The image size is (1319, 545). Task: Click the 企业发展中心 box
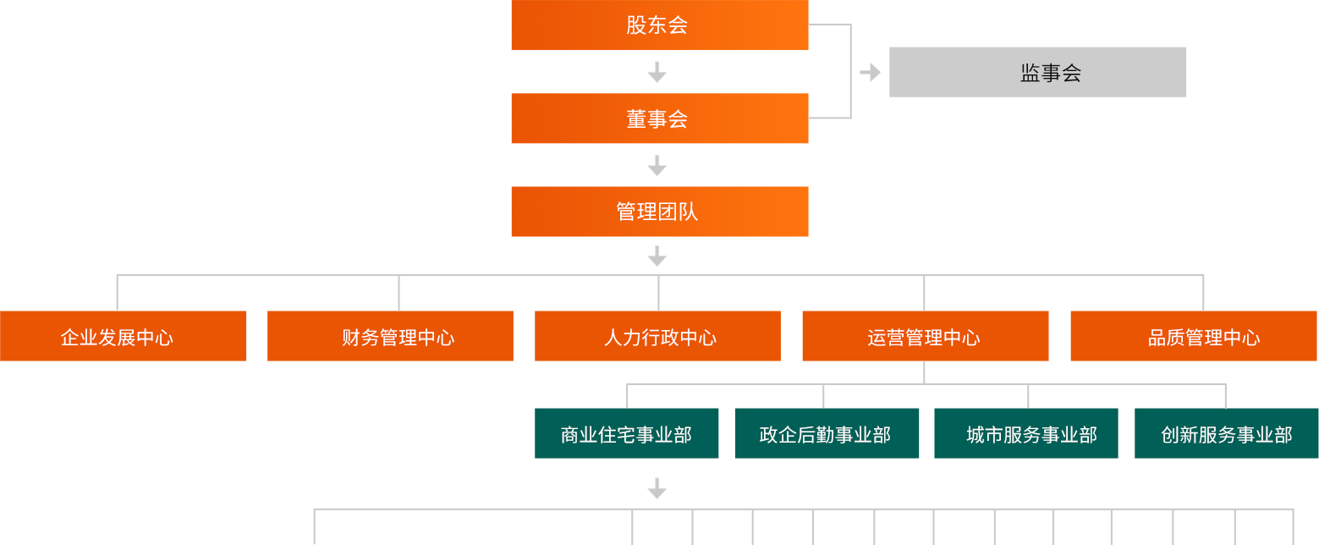(124, 337)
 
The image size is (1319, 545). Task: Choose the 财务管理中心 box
(390, 337)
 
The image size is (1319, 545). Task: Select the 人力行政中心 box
(657, 337)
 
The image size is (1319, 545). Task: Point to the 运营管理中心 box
(925, 337)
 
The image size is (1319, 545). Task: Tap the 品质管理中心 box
(1193, 337)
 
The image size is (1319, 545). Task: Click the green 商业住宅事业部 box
(626, 434)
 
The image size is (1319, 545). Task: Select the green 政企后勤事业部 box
(827, 434)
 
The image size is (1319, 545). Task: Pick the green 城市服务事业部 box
(1025, 434)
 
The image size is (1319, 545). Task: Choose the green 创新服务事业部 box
(1226, 434)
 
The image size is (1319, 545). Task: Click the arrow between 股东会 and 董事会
(657, 73)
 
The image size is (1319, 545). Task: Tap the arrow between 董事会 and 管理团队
(657, 166)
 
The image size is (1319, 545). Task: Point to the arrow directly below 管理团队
(657, 256)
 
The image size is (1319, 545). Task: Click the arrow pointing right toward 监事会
(870, 73)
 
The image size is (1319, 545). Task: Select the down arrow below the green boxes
(657, 488)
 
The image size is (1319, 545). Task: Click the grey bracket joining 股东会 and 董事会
(831, 71)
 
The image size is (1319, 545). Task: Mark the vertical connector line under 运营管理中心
(924, 372)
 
